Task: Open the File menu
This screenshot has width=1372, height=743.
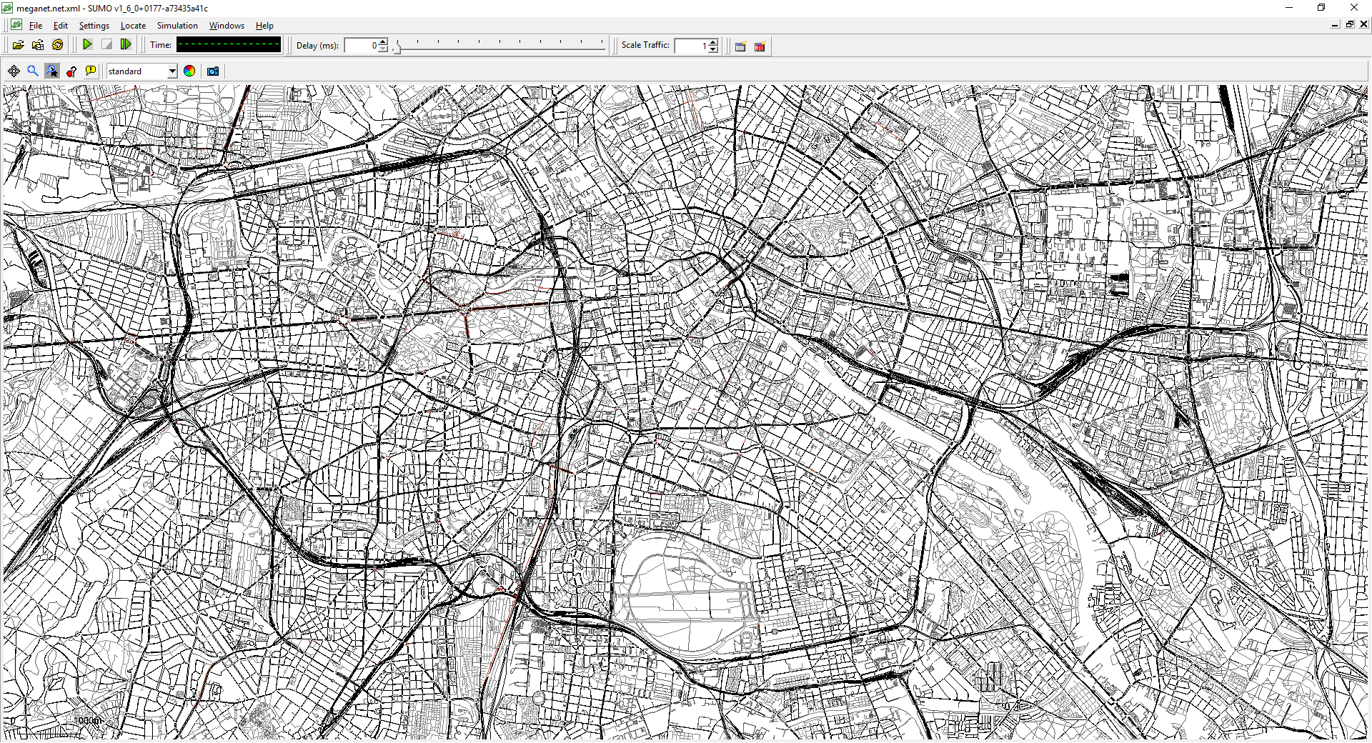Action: (x=35, y=26)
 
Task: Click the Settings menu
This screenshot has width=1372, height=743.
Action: (x=94, y=26)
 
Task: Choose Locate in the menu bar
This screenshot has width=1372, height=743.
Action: (x=133, y=26)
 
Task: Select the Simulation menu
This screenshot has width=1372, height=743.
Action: (x=177, y=26)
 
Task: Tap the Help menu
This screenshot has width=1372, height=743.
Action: (x=264, y=26)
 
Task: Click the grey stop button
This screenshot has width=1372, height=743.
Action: (x=106, y=45)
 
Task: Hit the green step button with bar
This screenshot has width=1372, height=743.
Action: (x=126, y=45)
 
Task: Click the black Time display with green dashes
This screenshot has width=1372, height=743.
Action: (x=229, y=45)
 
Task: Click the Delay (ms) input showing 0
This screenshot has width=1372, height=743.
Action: (x=362, y=46)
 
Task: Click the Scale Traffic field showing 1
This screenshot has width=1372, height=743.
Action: (x=691, y=46)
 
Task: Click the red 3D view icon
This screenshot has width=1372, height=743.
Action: (x=760, y=46)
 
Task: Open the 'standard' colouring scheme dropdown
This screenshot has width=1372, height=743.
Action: (x=141, y=71)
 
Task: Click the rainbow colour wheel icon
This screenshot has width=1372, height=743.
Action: (x=189, y=71)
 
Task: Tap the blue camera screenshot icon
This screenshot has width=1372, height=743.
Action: (x=212, y=71)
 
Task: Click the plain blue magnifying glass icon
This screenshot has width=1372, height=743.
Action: (x=33, y=71)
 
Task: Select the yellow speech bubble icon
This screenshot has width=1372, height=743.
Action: (x=91, y=71)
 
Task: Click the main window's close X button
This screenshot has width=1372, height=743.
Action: (x=1353, y=8)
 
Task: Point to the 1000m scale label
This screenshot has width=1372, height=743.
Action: (x=88, y=720)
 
